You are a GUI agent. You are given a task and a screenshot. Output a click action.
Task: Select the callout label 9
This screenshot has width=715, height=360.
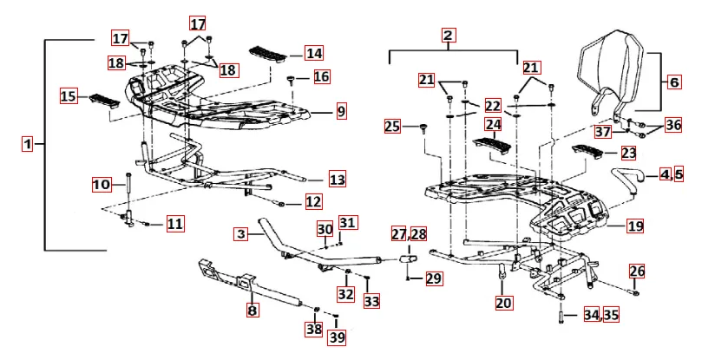coord(341,111)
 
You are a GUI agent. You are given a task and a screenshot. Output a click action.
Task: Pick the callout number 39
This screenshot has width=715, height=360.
coord(336,337)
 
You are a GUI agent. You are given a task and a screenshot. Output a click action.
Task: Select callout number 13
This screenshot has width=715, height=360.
coord(337,180)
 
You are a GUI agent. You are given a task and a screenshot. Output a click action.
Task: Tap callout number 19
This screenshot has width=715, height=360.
coord(635,226)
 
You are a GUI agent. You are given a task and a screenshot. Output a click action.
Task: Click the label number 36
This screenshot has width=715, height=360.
coord(673,125)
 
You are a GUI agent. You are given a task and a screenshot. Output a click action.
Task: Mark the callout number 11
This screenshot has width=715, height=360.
coord(174,224)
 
